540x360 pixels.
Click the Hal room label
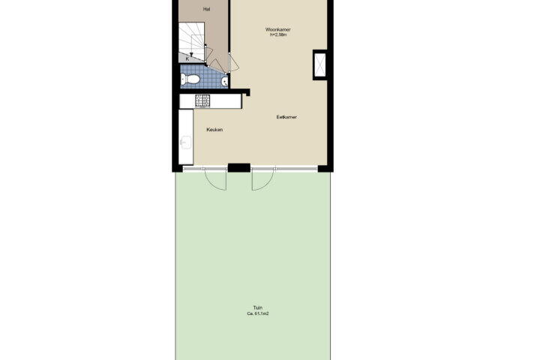pos(207,9)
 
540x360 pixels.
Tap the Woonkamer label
pos(278,30)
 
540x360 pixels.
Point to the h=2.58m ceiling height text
pos(278,34)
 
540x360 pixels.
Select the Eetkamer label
pos(286,117)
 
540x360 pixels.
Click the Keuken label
pos(214,130)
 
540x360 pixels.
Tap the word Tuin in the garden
pos(258,308)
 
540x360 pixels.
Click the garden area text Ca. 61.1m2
pos(258,313)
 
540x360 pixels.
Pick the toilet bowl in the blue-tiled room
pos(190,79)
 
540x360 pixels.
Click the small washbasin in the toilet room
pos(224,81)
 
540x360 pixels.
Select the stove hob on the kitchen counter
pos(202,100)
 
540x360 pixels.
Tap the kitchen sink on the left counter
pos(186,142)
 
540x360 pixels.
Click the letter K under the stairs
pos(187,59)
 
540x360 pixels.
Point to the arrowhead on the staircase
pos(191,55)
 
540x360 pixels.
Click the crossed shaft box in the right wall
pos(319,64)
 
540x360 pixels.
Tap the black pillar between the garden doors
pos(239,168)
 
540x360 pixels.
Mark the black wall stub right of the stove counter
pos(246,92)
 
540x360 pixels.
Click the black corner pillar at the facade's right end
pos(325,169)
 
